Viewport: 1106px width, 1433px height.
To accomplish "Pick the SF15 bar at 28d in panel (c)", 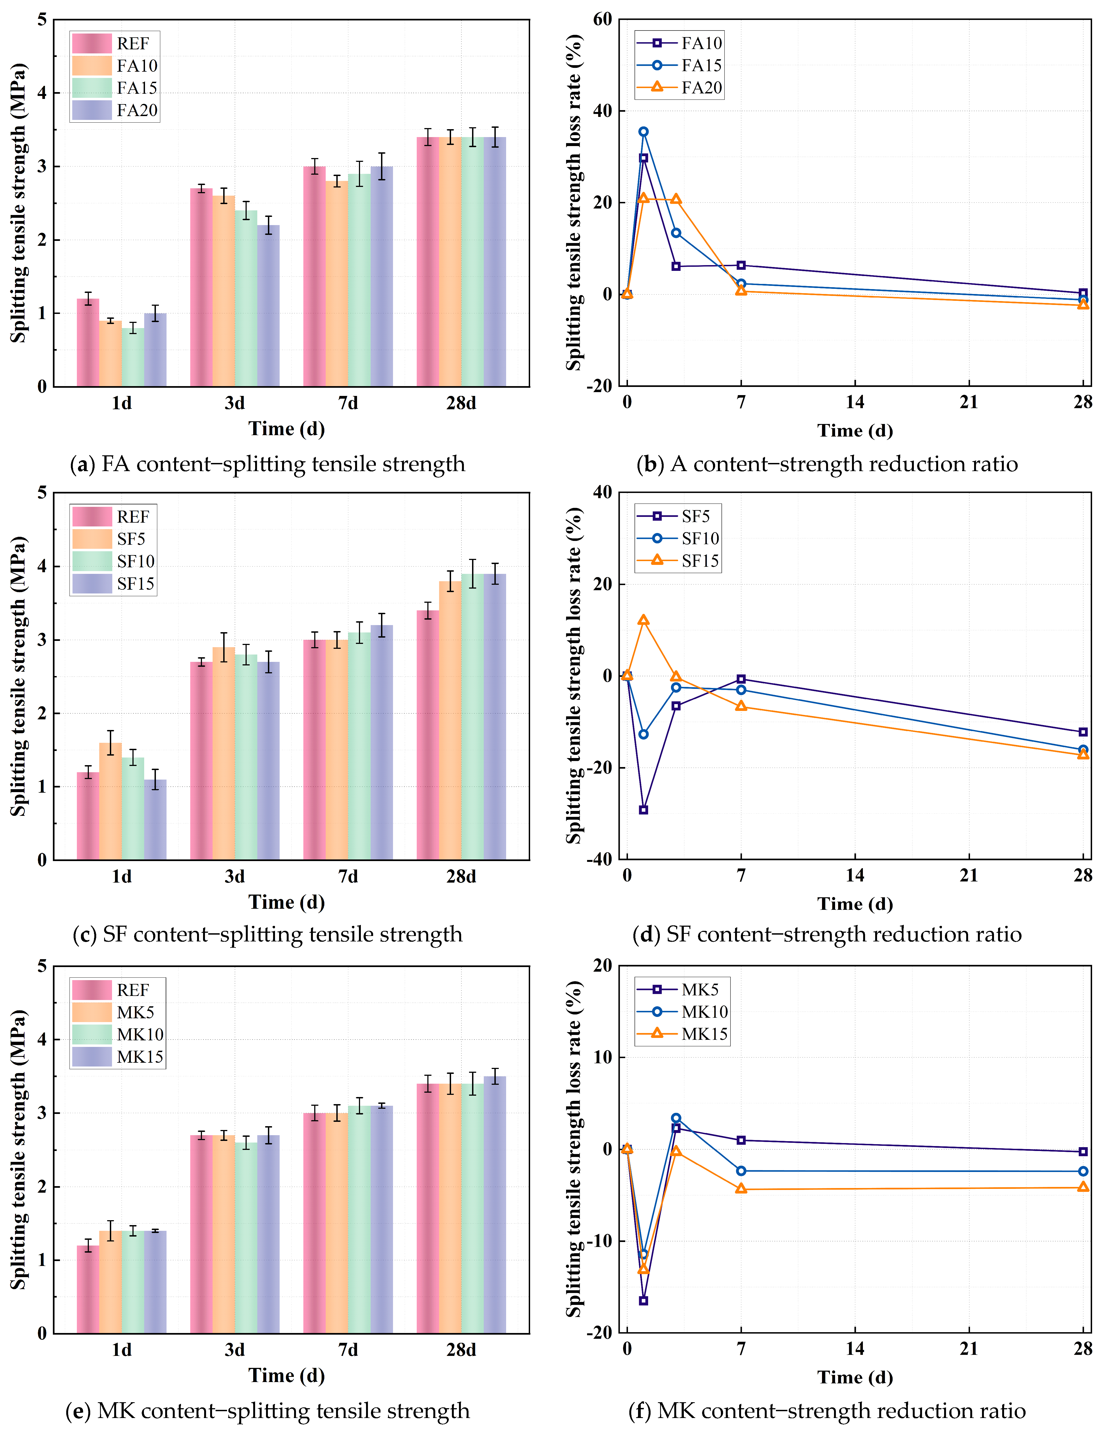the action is coord(495,717).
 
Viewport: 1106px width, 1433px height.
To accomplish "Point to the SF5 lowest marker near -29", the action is coord(643,810).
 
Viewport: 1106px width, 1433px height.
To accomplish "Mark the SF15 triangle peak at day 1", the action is coord(643,620).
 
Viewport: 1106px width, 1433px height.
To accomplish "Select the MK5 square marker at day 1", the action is coord(643,1301).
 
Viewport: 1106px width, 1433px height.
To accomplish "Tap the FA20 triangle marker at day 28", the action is coord(1083,304).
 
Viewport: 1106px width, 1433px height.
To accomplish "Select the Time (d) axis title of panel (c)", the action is coord(287,902).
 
